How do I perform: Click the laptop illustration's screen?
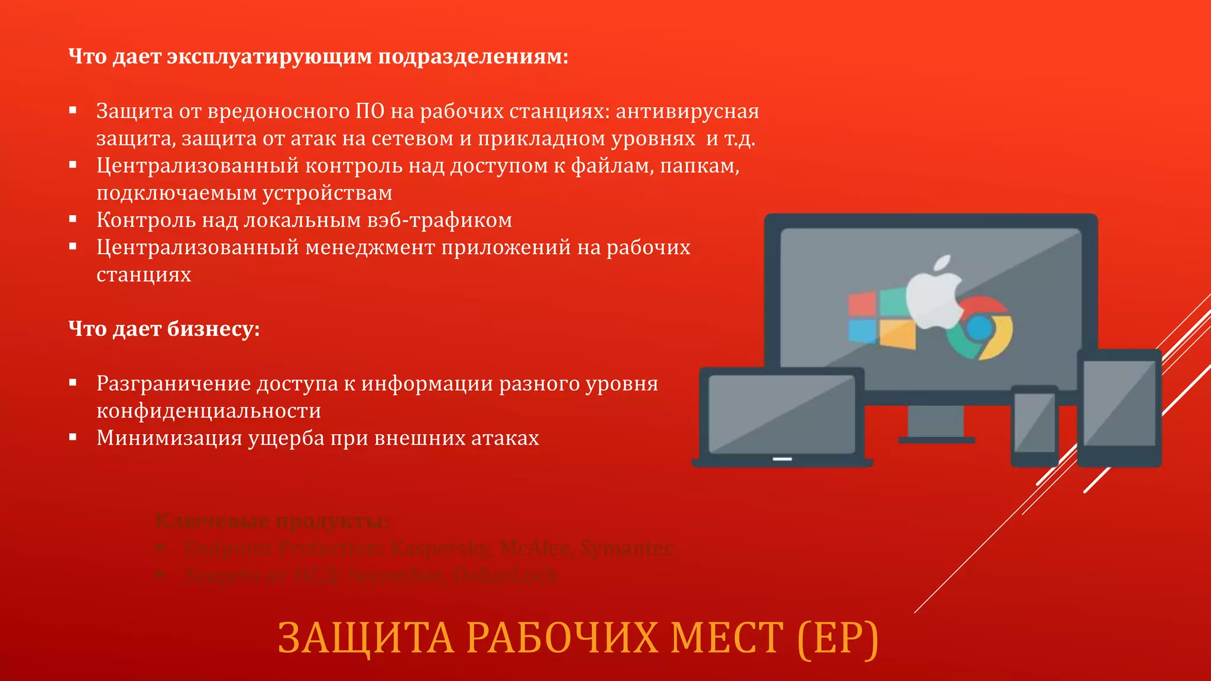click(x=782, y=414)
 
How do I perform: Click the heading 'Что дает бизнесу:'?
click(x=164, y=329)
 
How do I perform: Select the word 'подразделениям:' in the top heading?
click(x=473, y=57)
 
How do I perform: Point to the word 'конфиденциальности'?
click(x=209, y=411)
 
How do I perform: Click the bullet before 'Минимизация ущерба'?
click(x=73, y=437)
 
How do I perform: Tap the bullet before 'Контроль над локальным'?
click(x=73, y=219)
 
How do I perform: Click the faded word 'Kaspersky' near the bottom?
click(x=441, y=549)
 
